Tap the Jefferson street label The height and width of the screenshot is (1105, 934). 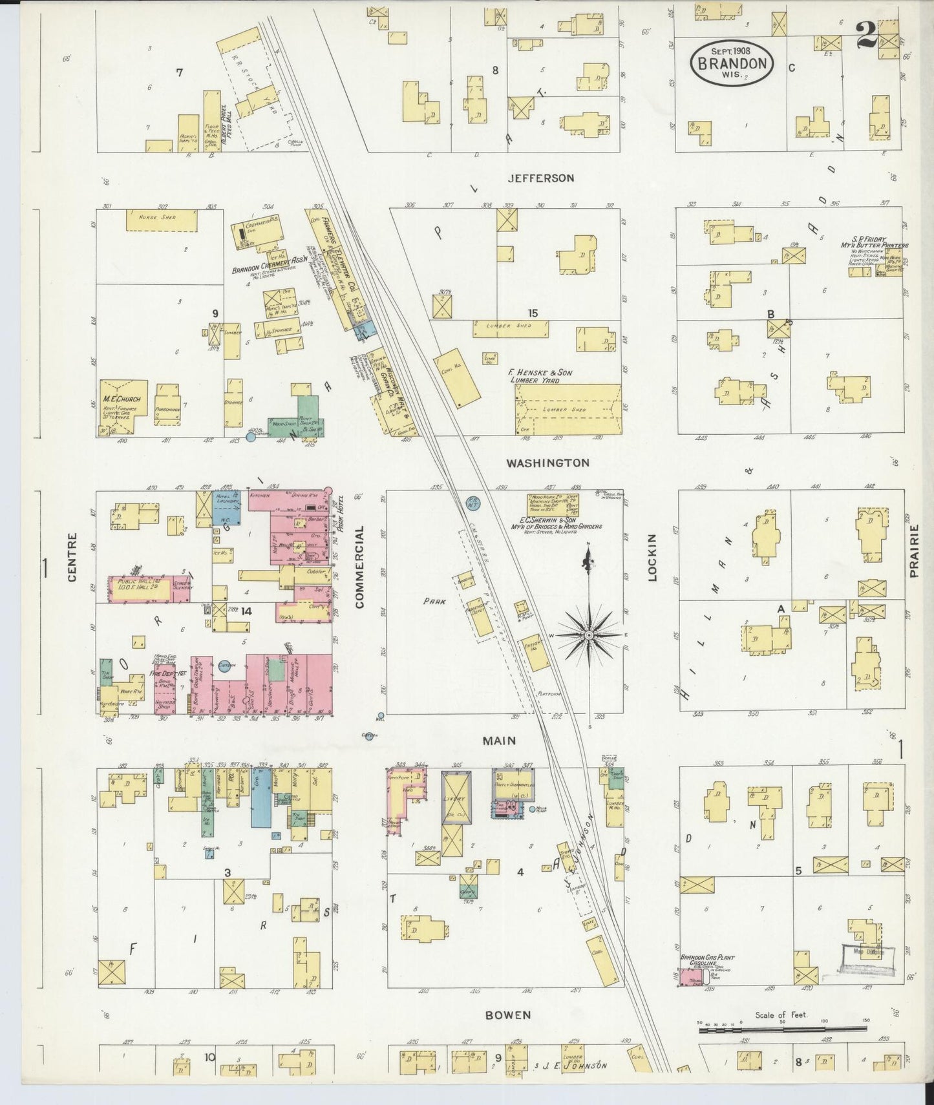(540, 178)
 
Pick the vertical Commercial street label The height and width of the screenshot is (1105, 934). (360, 567)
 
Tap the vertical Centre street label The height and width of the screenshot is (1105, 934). (72, 557)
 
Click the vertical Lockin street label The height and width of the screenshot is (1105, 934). (652, 557)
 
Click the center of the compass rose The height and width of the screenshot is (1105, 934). (589, 635)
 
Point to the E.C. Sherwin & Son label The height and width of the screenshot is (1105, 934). (561, 522)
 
